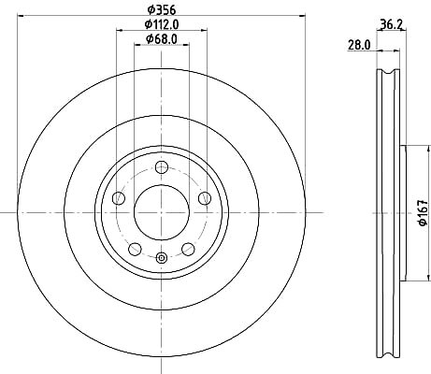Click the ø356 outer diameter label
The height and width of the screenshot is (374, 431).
pyautogui.click(x=162, y=10)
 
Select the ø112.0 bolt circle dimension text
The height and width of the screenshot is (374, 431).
pyautogui.click(x=162, y=24)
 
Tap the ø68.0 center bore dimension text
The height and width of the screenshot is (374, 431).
pyautogui.click(x=162, y=39)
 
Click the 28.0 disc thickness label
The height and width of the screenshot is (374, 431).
pyautogui.click(x=359, y=45)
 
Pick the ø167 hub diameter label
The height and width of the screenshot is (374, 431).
pyautogui.click(x=423, y=213)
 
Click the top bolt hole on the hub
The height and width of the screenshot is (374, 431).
pyautogui.click(x=162, y=167)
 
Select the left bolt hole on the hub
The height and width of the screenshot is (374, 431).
pyautogui.click(x=119, y=198)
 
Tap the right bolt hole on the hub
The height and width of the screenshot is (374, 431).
pyautogui.click(x=205, y=198)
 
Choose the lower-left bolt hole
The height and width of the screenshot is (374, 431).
pyautogui.click(x=135, y=249)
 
